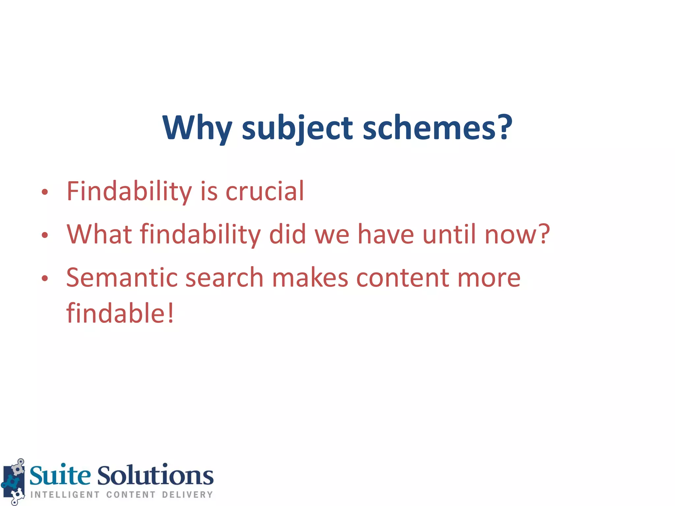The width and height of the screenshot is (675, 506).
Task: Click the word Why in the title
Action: coord(197,128)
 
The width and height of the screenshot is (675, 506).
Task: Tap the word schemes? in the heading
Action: coord(437,128)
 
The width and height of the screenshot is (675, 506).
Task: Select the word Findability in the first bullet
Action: coord(129,191)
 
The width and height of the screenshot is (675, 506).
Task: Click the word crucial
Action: coord(265,191)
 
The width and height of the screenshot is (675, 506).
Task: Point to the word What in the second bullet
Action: coord(99,234)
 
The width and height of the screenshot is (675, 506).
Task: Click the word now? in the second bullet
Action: coord(517,234)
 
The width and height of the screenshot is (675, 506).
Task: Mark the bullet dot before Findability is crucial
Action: coord(45,192)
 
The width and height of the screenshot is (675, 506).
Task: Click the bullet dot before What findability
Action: coord(45,235)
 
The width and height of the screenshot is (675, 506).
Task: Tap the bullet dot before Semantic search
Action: coord(45,278)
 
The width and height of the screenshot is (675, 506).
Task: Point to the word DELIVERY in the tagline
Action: coord(187,494)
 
